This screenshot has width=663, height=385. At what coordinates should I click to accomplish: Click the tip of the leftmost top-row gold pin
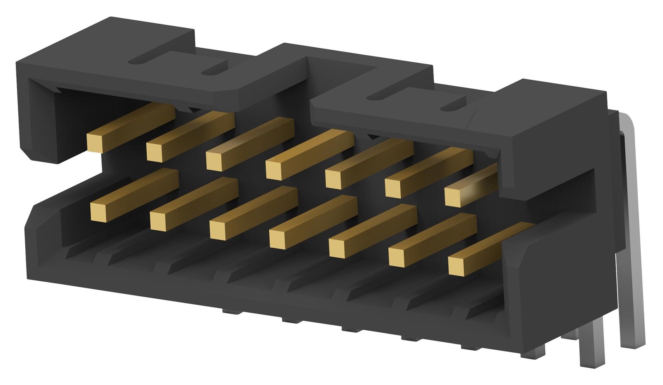[94, 142]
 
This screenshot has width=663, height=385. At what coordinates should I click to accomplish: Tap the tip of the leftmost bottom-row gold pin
[98, 212]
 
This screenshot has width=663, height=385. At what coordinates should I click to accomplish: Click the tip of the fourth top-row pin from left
[273, 170]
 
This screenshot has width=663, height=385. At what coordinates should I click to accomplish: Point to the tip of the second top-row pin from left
[154, 151]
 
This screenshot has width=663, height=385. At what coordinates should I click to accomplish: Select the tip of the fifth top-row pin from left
[333, 179]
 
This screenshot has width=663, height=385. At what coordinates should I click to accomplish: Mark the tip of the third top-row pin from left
[214, 161]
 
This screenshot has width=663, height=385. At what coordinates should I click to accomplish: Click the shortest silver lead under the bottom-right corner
[535, 352]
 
